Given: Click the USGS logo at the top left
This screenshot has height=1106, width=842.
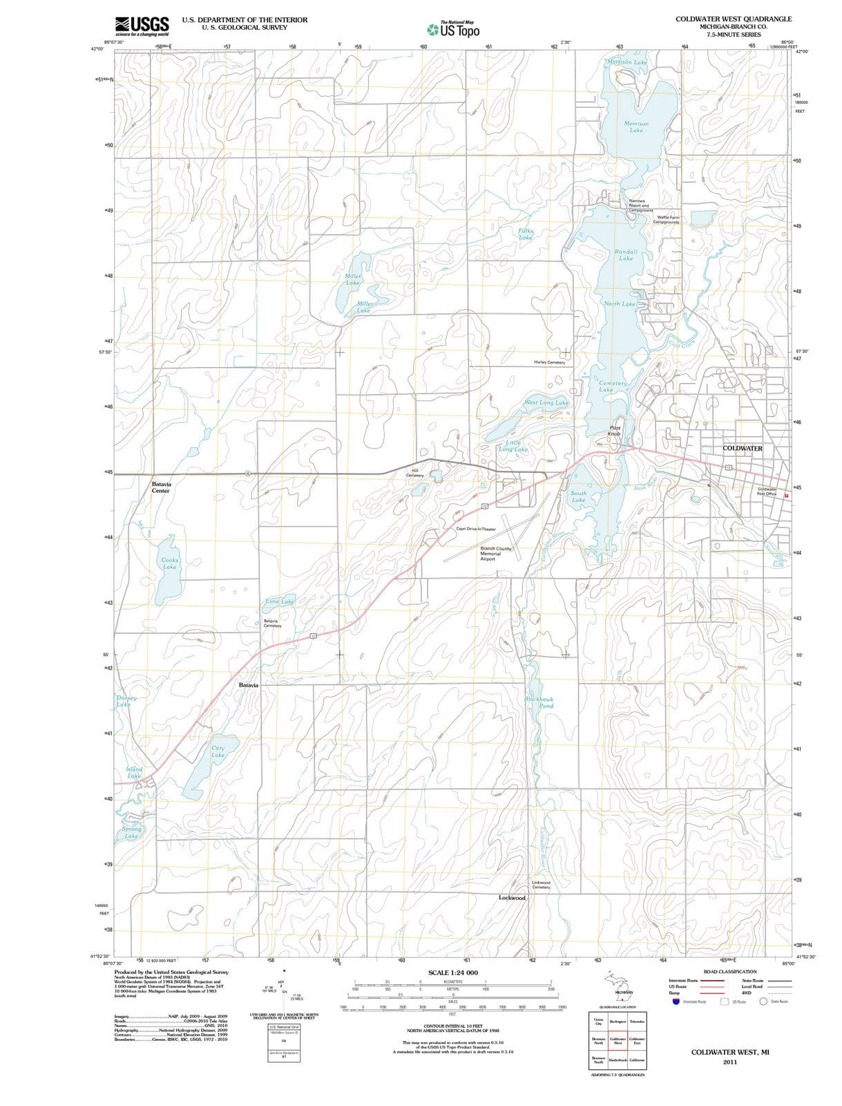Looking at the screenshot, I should pyautogui.click(x=142, y=26).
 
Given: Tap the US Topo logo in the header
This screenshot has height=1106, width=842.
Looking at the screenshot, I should pyautogui.click(x=453, y=30).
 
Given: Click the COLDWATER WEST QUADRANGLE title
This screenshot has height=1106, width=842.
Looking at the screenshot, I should pyautogui.click(x=734, y=19).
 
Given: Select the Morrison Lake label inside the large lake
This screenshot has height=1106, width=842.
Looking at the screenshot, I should pyautogui.click(x=636, y=127).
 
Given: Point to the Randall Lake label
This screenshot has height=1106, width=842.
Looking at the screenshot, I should pyautogui.click(x=626, y=255).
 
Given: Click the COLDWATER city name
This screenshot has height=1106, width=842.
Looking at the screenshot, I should pyautogui.click(x=743, y=449).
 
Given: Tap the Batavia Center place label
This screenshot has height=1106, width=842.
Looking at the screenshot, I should pyautogui.click(x=162, y=487).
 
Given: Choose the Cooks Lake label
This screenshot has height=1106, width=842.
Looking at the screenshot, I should pyautogui.click(x=169, y=563).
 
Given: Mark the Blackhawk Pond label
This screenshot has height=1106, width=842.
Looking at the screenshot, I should pyautogui.click(x=539, y=702).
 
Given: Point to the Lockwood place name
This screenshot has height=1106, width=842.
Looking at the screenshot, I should pyautogui.click(x=512, y=897).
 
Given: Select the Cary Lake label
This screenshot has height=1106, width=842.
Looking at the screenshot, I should pyautogui.click(x=218, y=751).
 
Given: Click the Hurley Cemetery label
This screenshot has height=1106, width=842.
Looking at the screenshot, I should pyautogui.click(x=549, y=362).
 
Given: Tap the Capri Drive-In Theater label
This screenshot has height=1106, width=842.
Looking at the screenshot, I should pyautogui.click(x=476, y=529).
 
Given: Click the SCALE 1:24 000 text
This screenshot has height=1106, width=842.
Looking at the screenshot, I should pyautogui.click(x=453, y=973).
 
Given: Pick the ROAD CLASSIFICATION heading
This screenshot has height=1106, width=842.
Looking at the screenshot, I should pyautogui.click(x=729, y=971).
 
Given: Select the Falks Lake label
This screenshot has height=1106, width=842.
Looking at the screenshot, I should pyautogui.click(x=526, y=234).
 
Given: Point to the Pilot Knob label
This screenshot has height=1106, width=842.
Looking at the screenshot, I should pyautogui.click(x=615, y=431).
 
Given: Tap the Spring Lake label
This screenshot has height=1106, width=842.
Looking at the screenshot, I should pyautogui.click(x=131, y=832).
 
